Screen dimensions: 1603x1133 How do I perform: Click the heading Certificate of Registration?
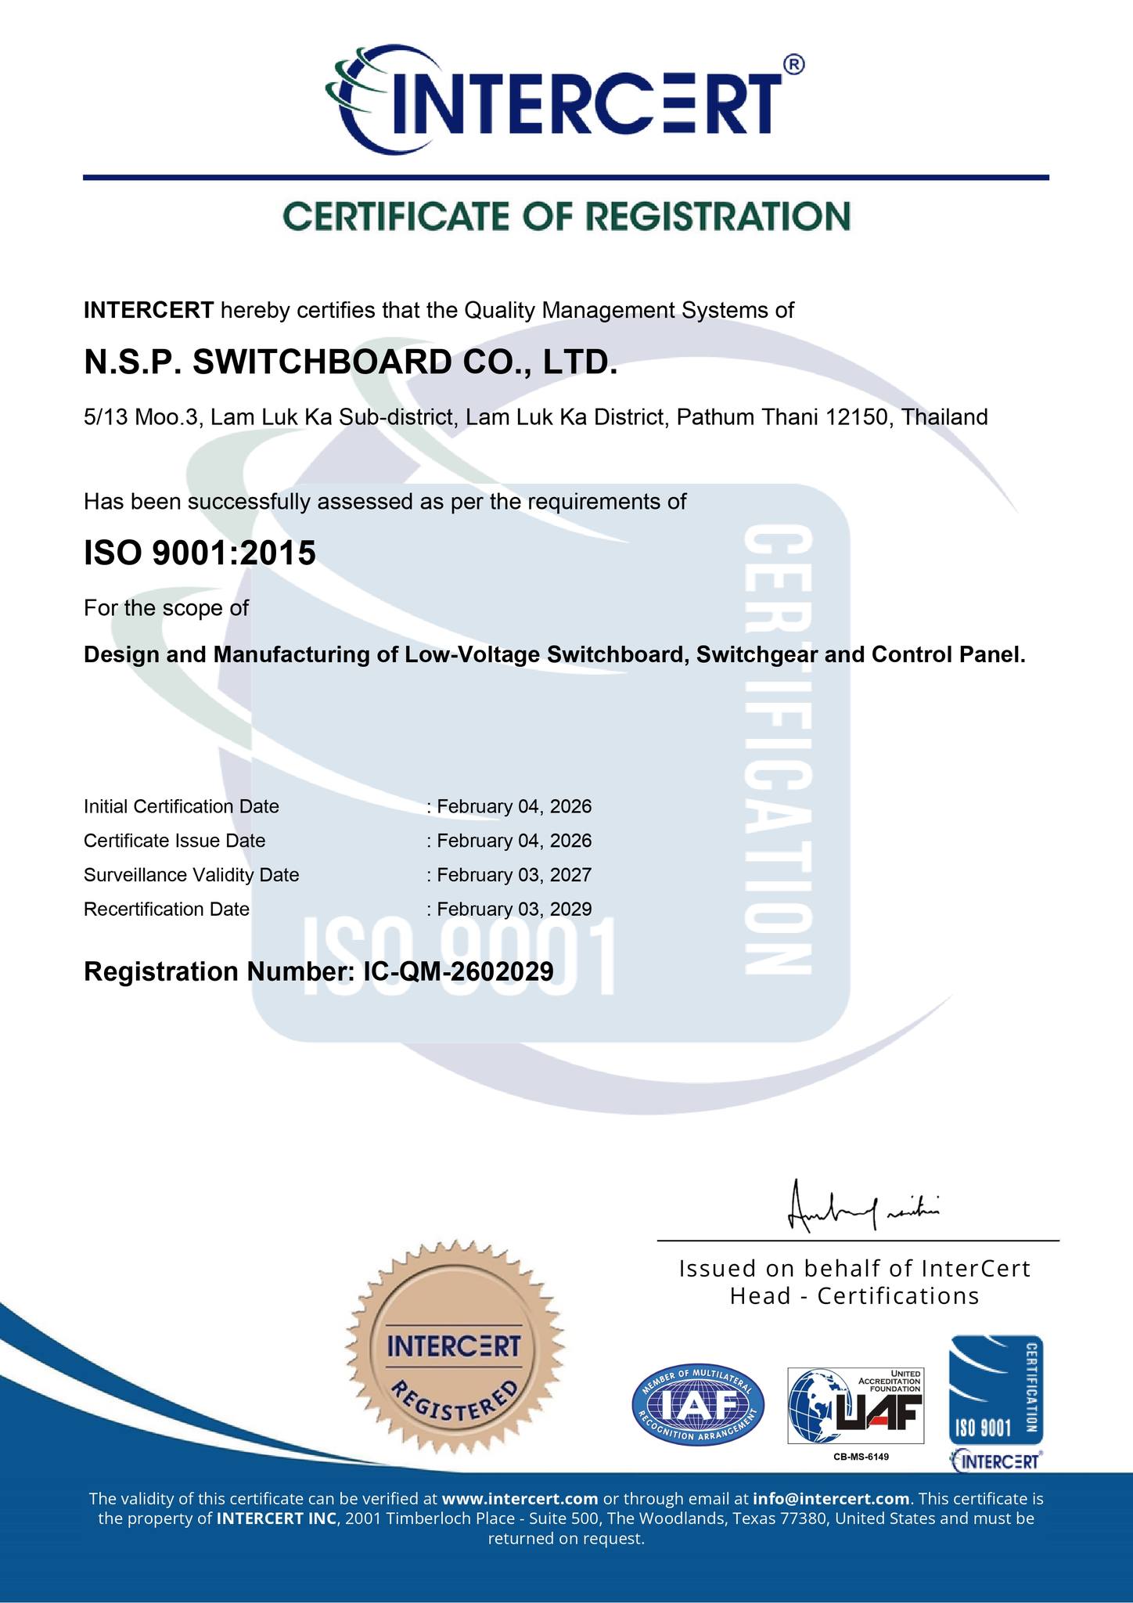point(566,216)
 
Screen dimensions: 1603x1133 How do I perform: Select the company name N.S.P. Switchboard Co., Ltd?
point(351,362)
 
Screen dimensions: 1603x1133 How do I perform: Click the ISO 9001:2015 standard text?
point(200,553)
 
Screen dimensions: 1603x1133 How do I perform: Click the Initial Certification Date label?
point(182,806)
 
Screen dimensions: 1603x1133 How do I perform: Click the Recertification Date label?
point(167,910)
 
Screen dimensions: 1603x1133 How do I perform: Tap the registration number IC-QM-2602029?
point(459,972)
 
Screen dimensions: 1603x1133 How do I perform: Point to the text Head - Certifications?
point(854,1296)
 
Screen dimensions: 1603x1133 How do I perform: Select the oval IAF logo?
point(698,1407)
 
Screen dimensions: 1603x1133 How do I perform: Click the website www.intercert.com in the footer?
point(520,1499)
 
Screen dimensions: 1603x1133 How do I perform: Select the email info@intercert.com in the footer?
point(831,1499)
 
